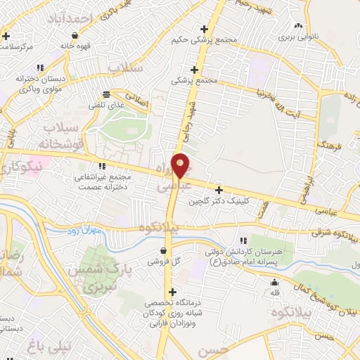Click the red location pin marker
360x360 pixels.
click(181, 165)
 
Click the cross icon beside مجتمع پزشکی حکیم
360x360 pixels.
click(205, 29)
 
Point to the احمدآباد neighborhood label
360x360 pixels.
click(69, 18)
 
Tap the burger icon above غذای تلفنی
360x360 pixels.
click(106, 94)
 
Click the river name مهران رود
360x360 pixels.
click(85, 231)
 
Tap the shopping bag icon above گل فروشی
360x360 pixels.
click(163, 250)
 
